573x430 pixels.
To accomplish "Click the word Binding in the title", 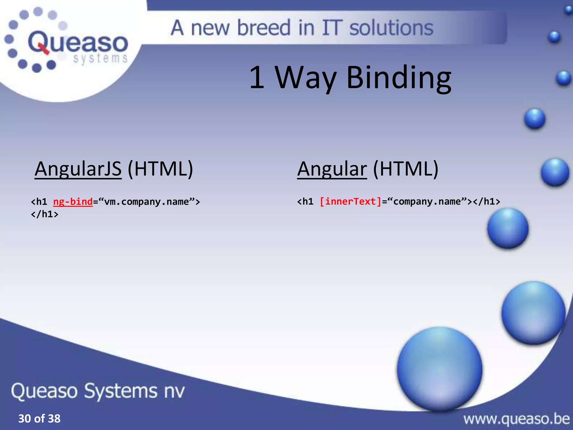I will (399, 78).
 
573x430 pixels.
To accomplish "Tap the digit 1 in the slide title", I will (257, 78).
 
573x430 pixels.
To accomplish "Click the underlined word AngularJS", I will (78, 169).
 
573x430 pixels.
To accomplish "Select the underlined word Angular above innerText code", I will (332, 169).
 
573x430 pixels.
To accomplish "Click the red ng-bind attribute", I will (73, 202).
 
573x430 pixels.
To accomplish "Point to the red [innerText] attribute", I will (351, 202).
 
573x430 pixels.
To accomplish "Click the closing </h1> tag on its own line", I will (44, 214).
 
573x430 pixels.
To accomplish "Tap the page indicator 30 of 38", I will (39, 419).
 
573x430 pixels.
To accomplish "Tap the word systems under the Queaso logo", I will (100, 59).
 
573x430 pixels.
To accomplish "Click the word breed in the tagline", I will (264, 28).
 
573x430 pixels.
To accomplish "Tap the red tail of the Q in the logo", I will (43, 50).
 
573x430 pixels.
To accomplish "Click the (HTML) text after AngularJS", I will (160, 169).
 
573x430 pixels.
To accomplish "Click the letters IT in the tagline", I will (332, 28).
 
